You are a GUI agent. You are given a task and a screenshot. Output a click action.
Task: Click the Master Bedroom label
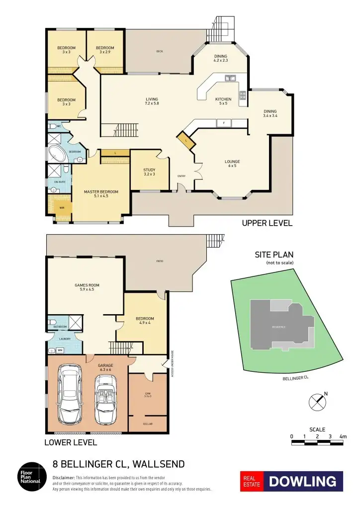[101, 194]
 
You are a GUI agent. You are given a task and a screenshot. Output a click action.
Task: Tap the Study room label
[149, 172]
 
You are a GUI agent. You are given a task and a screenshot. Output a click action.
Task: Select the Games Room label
[87, 287]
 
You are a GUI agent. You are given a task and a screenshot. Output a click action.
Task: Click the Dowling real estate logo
[292, 481]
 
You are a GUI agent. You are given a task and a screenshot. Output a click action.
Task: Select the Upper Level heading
[267, 223]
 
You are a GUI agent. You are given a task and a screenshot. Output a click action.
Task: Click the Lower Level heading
[70, 442]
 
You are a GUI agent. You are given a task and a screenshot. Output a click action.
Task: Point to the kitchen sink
[230, 78]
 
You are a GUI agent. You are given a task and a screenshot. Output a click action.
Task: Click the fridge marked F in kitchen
[224, 123]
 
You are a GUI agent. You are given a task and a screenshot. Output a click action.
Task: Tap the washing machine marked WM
[60, 350]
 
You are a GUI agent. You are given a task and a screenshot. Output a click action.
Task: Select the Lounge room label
[232, 164]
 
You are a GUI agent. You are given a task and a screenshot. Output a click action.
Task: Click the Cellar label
[147, 424]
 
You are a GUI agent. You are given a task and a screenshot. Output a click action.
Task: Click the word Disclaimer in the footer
[66, 477]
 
